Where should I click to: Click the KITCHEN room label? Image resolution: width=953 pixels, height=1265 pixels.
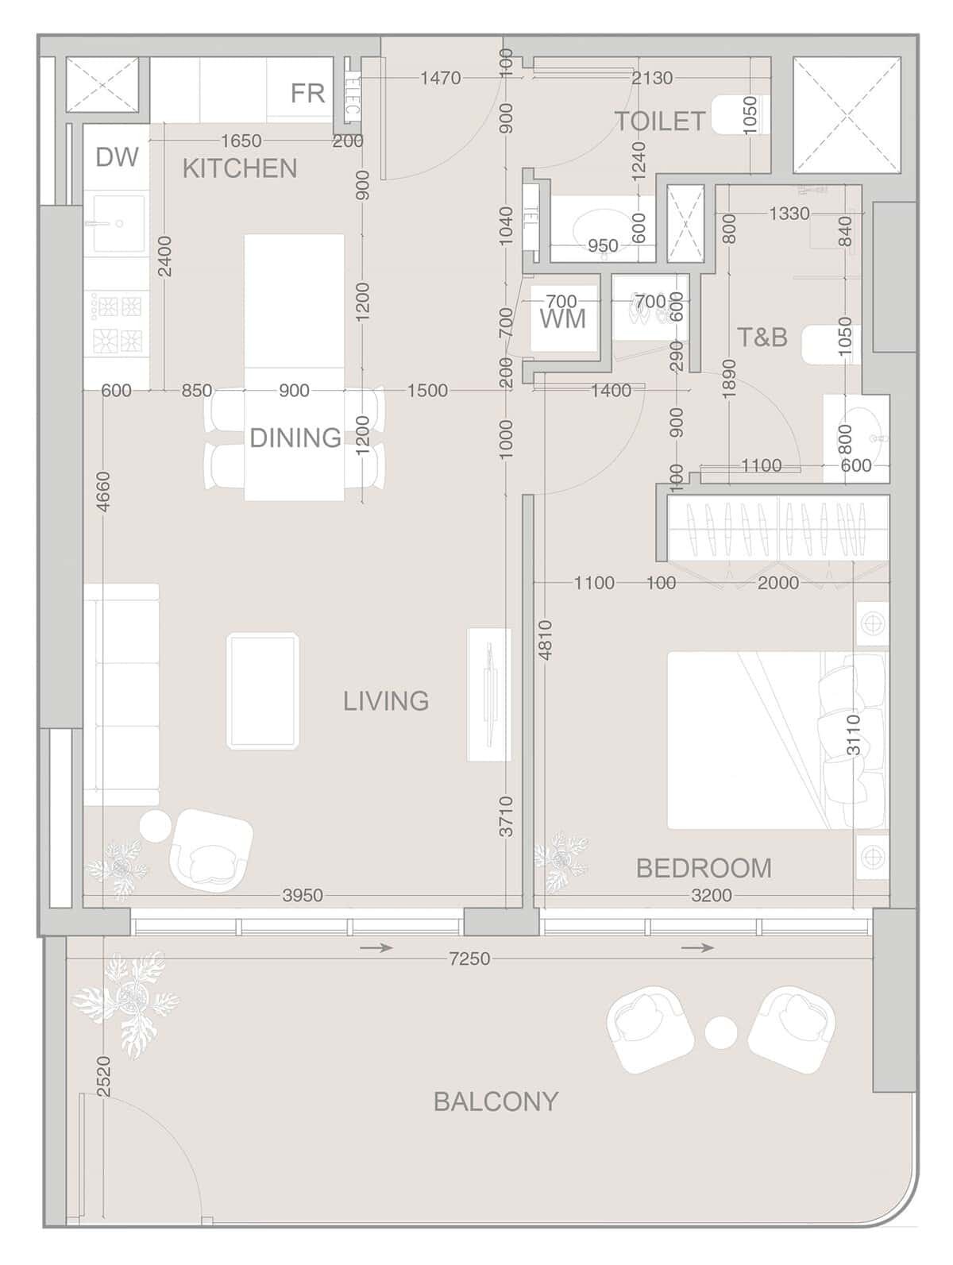click(239, 168)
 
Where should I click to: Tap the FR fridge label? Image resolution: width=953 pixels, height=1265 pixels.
click(307, 94)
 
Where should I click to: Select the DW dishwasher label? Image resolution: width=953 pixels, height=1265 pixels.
click(117, 156)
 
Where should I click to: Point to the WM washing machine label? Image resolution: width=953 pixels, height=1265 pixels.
click(562, 318)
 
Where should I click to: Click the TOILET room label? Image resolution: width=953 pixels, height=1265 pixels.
click(660, 121)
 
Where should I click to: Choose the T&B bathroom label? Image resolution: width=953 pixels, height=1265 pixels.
click(762, 337)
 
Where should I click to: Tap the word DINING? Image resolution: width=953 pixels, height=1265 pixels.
click(295, 438)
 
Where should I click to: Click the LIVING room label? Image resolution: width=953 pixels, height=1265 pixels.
click(385, 701)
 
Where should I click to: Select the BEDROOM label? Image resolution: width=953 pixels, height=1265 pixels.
click(704, 868)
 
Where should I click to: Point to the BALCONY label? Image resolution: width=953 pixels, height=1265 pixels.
click(496, 1101)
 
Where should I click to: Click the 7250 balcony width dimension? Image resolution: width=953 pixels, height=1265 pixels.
click(469, 958)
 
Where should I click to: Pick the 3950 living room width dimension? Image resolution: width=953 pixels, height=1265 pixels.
click(303, 895)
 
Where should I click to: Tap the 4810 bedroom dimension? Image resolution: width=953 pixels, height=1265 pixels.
click(545, 640)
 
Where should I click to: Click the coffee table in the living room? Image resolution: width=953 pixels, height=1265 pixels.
click(262, 691)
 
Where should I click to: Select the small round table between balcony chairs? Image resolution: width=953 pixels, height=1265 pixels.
click(720, 1032)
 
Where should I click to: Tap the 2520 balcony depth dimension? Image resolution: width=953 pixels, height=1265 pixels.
click(103, 1076)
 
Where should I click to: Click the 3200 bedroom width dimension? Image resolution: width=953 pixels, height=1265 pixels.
click(712, 895)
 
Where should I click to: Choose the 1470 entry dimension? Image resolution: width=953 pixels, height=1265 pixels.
click(440, 78)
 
